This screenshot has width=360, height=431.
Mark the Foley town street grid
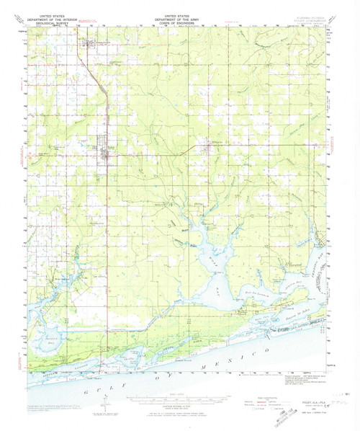(107, 152)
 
